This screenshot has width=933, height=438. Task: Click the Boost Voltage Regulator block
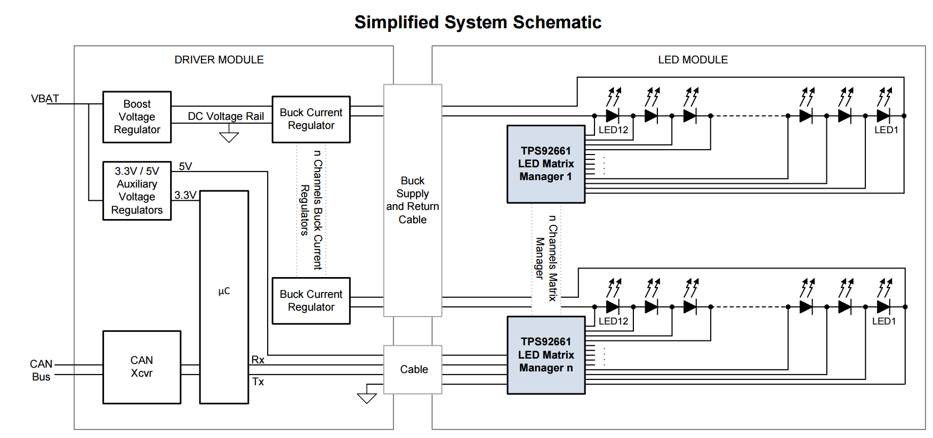[x=137, y=117]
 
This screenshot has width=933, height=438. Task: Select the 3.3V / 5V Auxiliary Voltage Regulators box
[x=137, y=190]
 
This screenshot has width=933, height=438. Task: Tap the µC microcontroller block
[x=224, y=297]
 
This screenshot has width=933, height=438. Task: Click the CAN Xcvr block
[x=142, y=367]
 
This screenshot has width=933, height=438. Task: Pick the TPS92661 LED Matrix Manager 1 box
[x=546, y=164]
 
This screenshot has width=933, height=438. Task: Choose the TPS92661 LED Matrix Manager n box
[x=546, y=355]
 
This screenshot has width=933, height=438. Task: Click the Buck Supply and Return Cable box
[x=413, y=200]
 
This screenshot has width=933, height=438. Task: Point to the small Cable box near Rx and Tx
[x=414, y=369]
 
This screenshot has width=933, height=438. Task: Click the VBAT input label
[x=45, y=99]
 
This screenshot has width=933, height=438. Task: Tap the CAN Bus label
[x=41, y=370]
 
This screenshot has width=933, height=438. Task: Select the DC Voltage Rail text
[x=226, y=116]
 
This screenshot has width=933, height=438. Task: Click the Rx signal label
[x=258, y=360]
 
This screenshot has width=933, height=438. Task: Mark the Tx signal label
[x=258, y=382]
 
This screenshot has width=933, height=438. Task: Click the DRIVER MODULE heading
[x=219, y=60]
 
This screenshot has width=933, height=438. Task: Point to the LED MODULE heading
[x=693, y=60]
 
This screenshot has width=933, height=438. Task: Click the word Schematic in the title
[x=557, y=22]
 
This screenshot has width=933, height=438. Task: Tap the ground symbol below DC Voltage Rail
[x=229, y=137]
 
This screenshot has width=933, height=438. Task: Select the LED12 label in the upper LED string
[x=613, y=129]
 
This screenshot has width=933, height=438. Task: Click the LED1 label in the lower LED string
[x=884, y=321]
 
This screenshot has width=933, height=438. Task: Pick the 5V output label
[x=186, y=166]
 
